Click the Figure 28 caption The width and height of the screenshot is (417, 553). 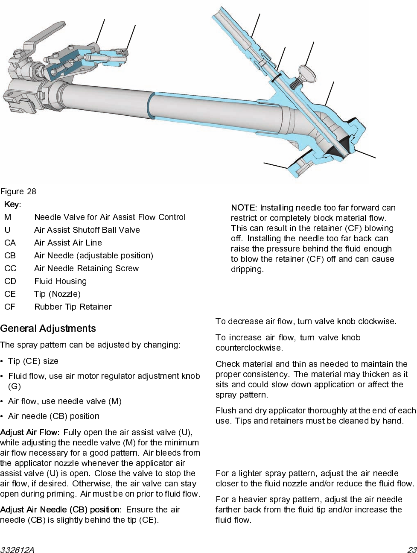pos(18,191)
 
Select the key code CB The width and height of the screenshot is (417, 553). pos(10,255)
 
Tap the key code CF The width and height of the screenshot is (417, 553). pos(10,307)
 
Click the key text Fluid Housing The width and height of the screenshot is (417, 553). pos(60,281)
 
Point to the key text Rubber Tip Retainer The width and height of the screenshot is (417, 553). pos(73,307)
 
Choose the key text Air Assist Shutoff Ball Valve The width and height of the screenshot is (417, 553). pos(87,230)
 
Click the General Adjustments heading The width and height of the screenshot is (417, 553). pos(48,328)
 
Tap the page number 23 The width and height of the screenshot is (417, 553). pos(411,550)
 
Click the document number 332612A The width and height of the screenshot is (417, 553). pos(17,550)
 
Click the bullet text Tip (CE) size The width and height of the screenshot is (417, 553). pos(33,361)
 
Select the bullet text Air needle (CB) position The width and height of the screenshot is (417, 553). pos(54,416)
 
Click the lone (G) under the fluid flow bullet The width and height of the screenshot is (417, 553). pos(15,386)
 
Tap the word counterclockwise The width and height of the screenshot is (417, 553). pos(249,348)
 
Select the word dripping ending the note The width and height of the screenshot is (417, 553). pos(247,269)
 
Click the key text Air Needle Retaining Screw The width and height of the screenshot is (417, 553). pos(86,268)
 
